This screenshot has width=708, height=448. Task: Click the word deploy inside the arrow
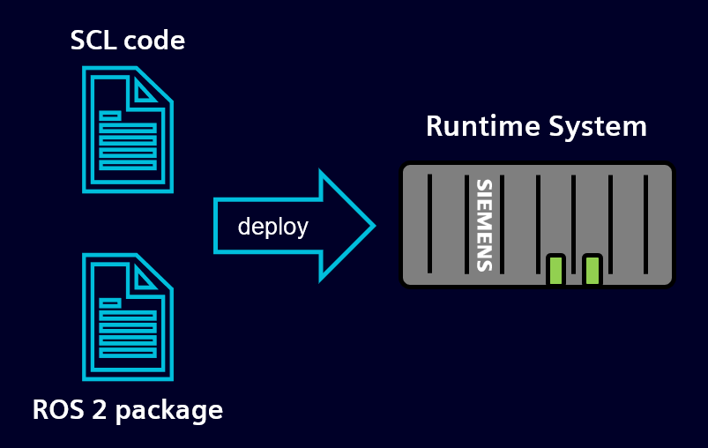click(272, 227)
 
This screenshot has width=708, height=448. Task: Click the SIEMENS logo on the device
click(484, 225)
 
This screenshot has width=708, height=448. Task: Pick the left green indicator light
click(555, 270)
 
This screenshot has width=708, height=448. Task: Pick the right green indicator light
click(592, 270)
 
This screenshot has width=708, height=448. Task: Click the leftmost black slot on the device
click(429, 223)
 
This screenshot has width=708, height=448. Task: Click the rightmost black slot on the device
click(645, 223)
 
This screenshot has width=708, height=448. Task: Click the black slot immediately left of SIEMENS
click(466, 223)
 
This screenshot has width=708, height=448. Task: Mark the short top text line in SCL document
click(110, 115)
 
